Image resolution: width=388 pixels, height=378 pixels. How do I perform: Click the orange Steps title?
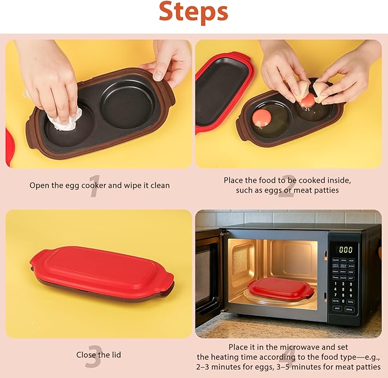[193, 13]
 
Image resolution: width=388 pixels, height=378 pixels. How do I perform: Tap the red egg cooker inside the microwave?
[280, 287]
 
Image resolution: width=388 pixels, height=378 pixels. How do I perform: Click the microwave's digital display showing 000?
[346, 250]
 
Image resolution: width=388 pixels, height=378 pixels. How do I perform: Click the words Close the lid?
[99, 355]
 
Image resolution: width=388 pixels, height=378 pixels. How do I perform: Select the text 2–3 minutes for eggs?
[233, 367]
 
